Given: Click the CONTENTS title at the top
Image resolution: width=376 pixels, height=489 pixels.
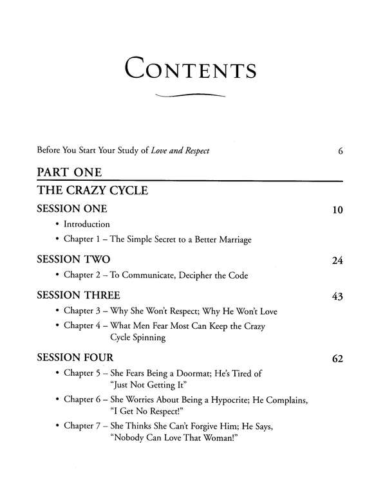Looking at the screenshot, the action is tap(188, 68).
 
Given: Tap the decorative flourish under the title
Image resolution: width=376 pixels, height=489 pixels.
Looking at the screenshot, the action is tap(189, 97).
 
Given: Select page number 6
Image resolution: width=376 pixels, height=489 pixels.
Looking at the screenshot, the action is tap(339, 152).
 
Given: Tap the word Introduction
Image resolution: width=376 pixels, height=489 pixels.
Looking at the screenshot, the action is tap(87, 225).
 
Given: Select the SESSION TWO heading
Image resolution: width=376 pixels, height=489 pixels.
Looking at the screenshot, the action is tap(73, 259).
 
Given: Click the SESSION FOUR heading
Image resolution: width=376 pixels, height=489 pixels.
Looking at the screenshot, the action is tap(75, 357).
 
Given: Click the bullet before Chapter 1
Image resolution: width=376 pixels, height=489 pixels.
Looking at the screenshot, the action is tap(57, 239).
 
